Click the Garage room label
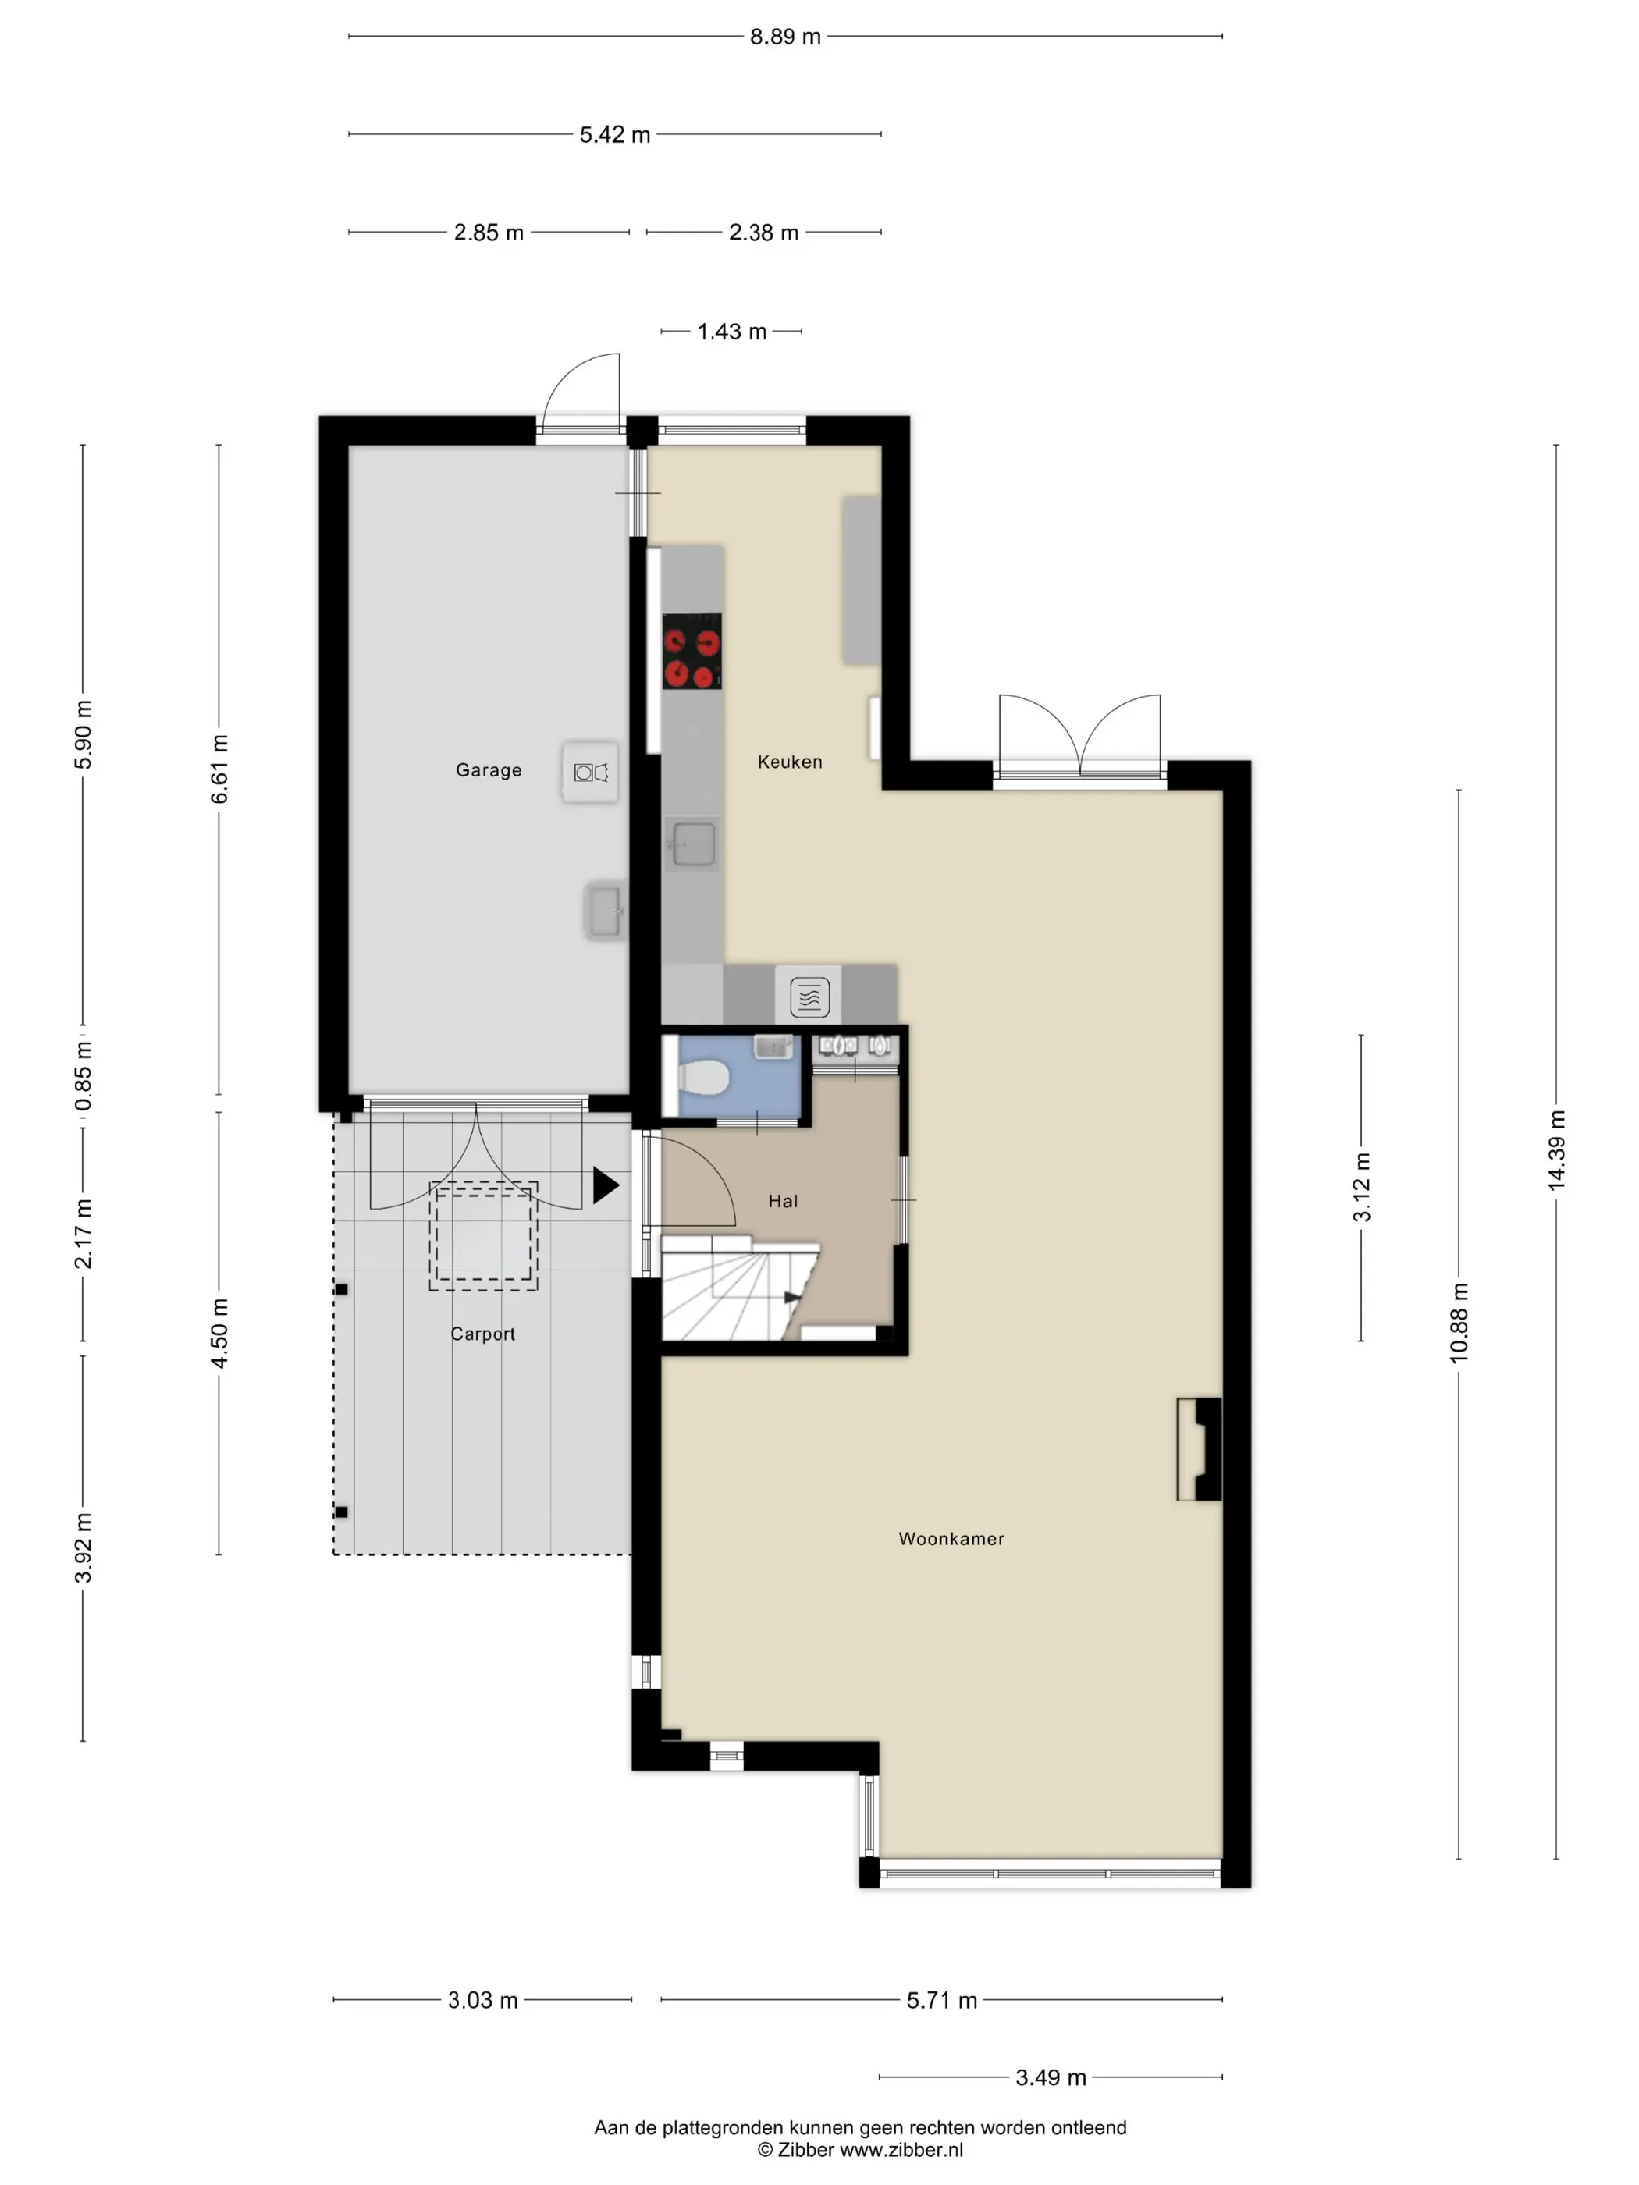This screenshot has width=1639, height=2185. pos(488,769)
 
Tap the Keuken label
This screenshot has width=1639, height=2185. pos(789,762)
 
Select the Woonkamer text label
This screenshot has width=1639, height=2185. pos(951,1538)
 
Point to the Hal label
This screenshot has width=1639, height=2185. pos(783,1201)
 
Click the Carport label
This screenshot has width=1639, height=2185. pos(482,1334)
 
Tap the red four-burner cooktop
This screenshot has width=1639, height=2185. pos(692,651)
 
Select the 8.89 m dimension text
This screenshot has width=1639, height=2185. pos(785,37)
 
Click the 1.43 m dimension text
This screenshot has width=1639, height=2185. pos(732,332)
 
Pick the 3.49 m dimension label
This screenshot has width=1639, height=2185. pos(1051,2077)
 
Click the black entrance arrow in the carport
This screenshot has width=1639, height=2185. pos(606,1185)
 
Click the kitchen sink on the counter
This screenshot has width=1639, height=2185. pos(692,844)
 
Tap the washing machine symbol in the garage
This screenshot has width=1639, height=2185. pos(591,773)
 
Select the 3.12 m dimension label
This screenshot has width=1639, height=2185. pos(1361,1188)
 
